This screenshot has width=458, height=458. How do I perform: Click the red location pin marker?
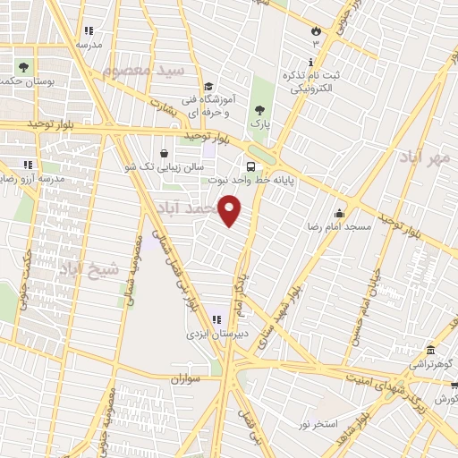231,209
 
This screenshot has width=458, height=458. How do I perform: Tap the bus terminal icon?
250,165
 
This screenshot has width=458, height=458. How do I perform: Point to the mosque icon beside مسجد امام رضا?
339,213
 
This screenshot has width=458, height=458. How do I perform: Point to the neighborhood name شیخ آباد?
89,267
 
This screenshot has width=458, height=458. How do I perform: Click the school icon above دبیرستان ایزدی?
215,319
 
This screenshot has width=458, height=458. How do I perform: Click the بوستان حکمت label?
24,81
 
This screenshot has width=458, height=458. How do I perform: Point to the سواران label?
189,379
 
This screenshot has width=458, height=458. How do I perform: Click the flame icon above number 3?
315,30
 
